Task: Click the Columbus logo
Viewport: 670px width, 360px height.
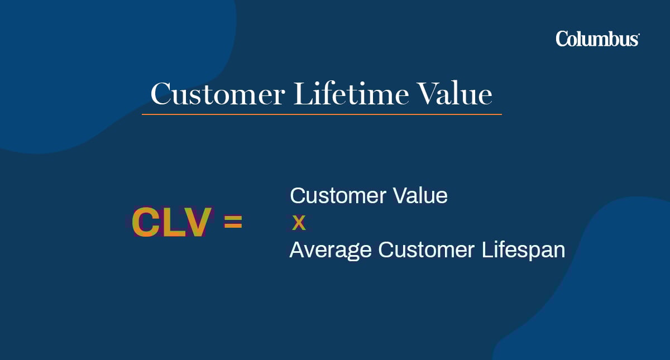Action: coord(597,39)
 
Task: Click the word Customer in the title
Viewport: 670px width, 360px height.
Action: coord(217,94)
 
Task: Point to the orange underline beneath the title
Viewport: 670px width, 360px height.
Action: coord(322,114)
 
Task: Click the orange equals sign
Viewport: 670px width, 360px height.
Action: coord(233,222)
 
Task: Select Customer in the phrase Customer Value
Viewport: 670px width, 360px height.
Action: coord(337,196)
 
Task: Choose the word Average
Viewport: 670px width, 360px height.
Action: coord(330,251)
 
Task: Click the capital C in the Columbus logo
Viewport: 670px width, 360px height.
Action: coord(563,39)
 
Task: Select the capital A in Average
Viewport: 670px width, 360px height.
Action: coord(297,251)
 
